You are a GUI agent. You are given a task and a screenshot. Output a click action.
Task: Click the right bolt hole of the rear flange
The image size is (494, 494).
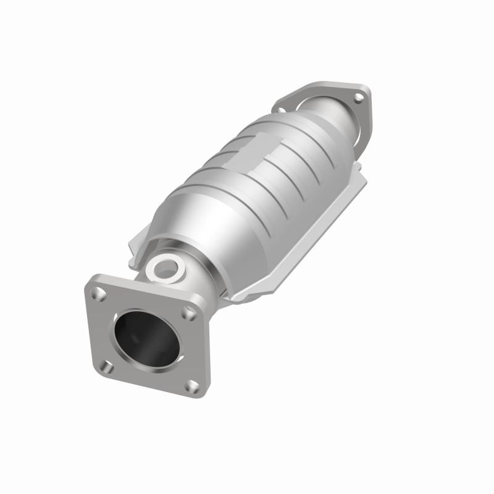coord(357,96)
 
